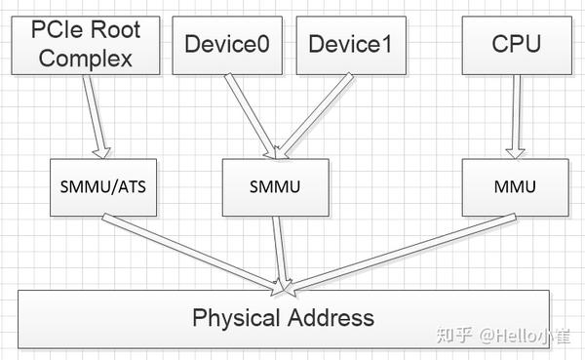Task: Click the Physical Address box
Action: click(283, 317)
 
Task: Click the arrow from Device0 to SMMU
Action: click(252, 113)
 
